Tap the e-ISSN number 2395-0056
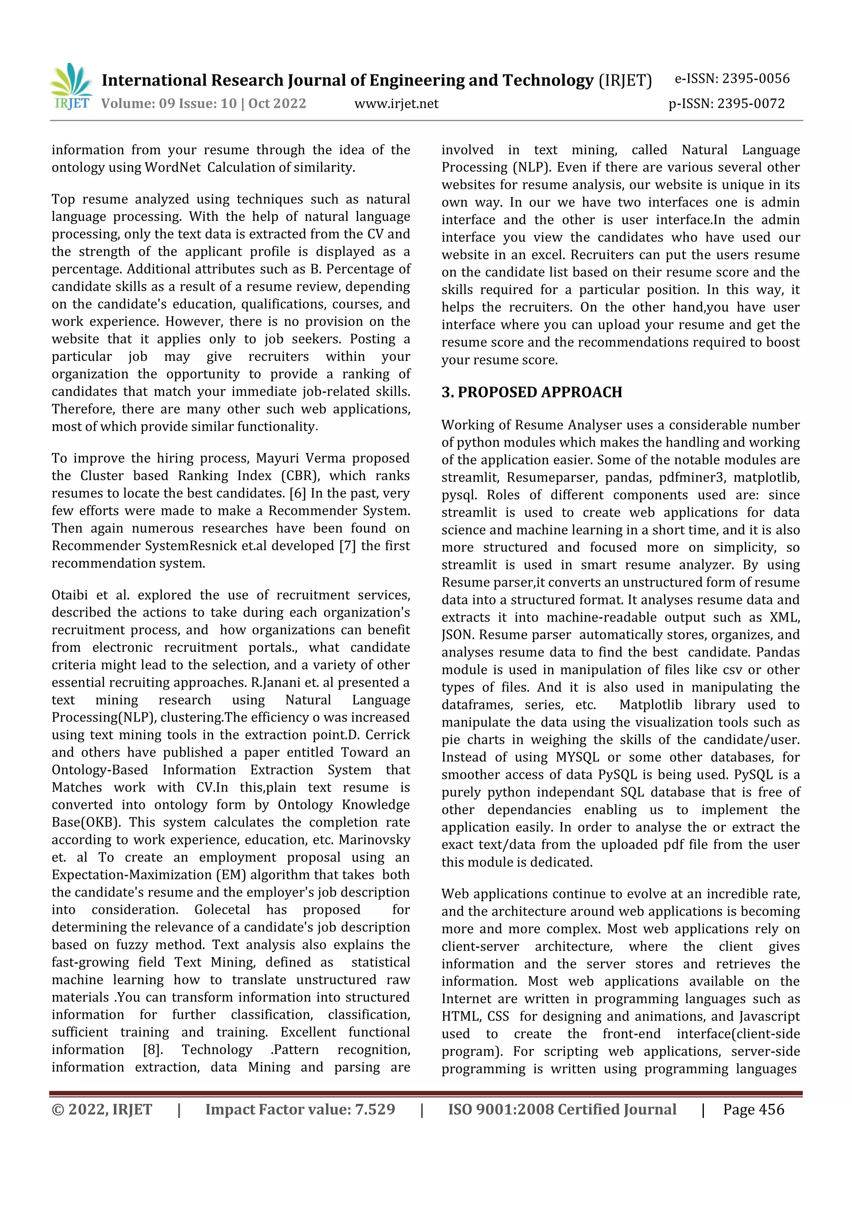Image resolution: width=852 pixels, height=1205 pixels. pyautogui.click(x=755, y=79)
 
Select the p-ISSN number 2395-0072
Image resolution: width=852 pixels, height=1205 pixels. pyautogui.click(x=750, y=104)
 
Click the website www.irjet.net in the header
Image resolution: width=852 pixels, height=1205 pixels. pyautogui.click(x=396, y=104)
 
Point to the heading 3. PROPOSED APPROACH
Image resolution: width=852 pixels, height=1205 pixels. pyautogui.click(x=531, y=392)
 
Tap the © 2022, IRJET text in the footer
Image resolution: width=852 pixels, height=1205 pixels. pyautogui.click(x=102, y=1109)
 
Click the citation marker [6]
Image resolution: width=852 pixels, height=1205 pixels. pyautogui.click(x=297, y=493)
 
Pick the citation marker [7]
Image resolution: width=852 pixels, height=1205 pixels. pyautogui.click(x=347, y=546)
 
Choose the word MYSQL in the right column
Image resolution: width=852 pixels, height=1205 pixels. pyautogui.click(x=577, y=757)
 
